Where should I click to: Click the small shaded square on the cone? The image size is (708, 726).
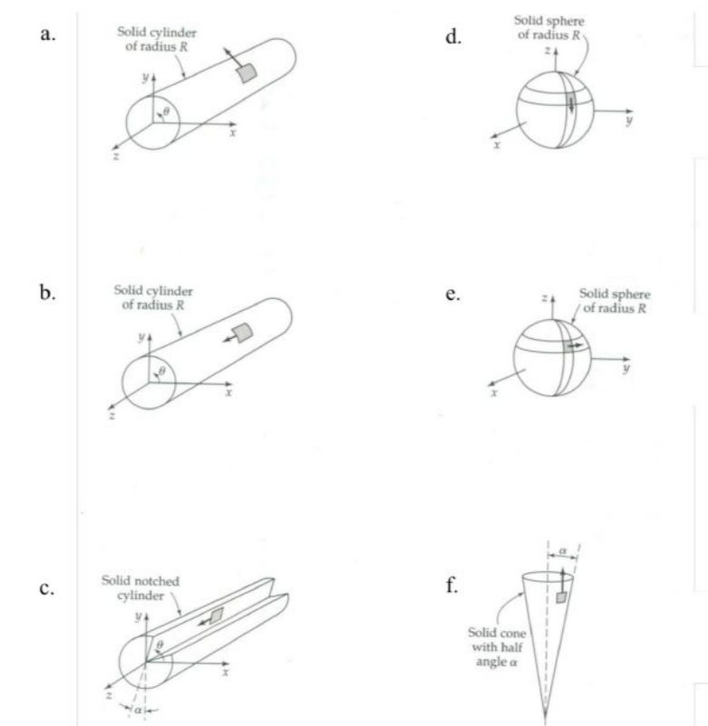(562, 598)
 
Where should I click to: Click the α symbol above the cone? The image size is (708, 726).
(562, 549)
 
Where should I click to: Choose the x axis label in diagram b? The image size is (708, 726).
(231, 392)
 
